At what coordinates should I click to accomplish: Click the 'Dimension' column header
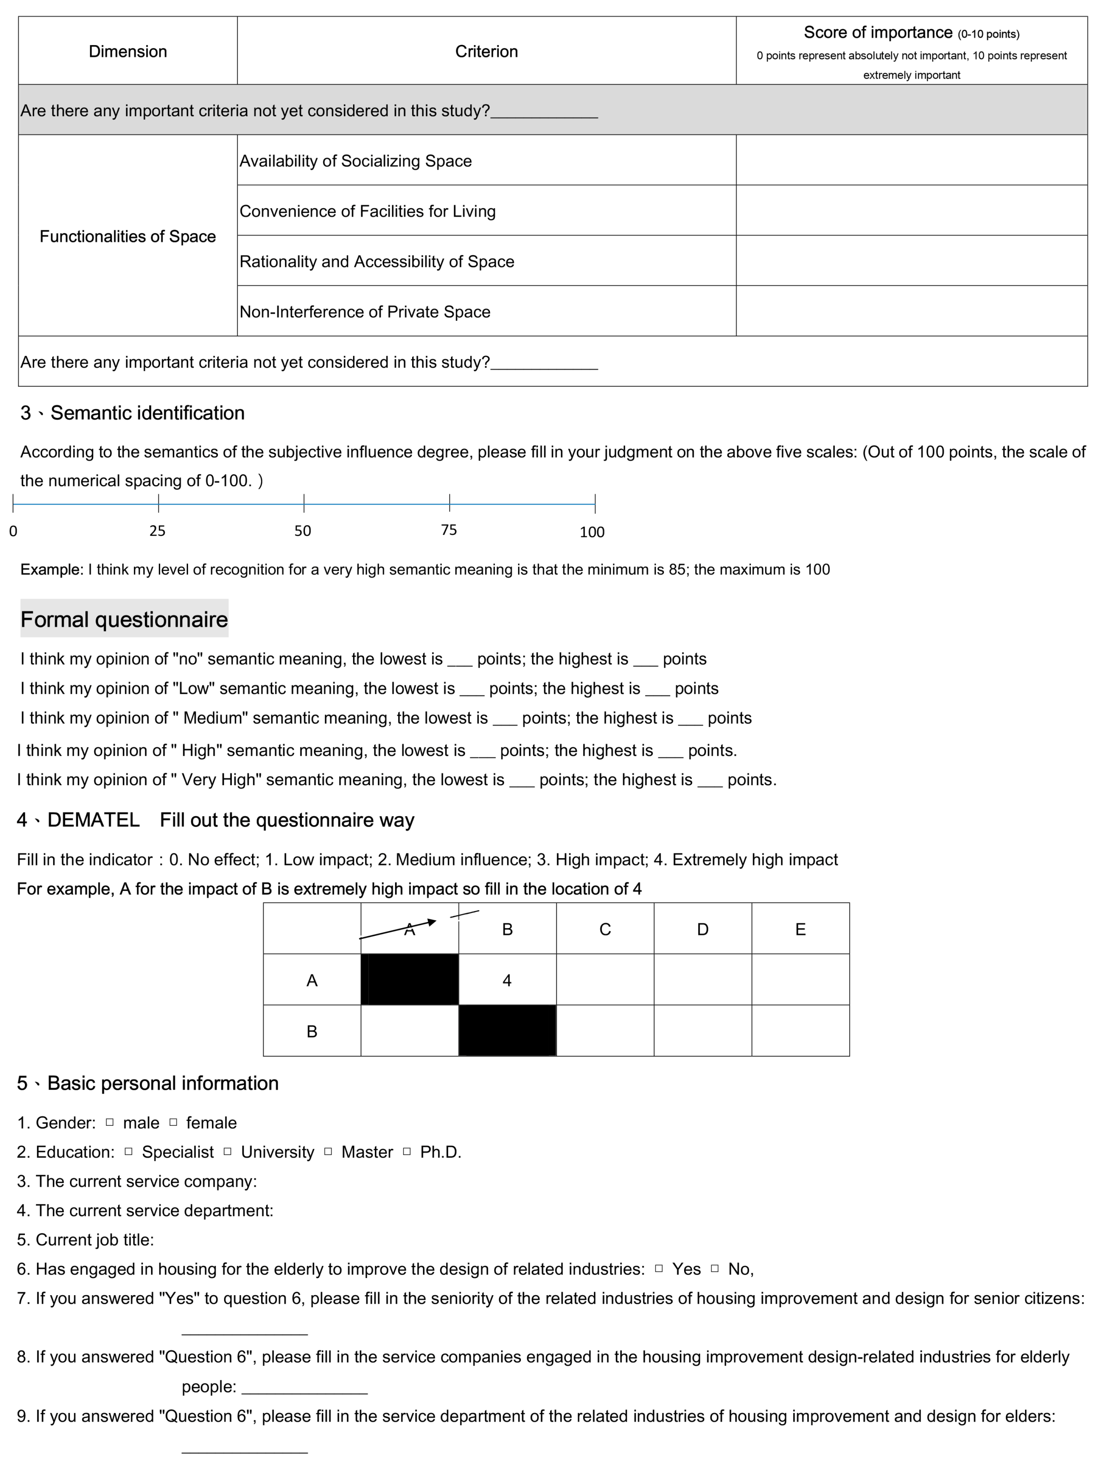[128, 52]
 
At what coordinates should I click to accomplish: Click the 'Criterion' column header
[486, 52]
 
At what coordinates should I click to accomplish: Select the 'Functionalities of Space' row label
[128, 236]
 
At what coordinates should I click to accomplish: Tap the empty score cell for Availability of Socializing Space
[911, 160]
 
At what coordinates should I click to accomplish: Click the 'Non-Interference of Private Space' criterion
[364, 312]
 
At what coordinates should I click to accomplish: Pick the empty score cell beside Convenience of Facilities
[911, 210]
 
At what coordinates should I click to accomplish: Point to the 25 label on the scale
[157, 530]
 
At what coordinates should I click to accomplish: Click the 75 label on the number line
[449, 530]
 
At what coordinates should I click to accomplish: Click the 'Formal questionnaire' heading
[124, 619]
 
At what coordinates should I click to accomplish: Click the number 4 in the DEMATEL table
[507, 980]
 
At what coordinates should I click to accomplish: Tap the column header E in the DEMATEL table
[800, 929]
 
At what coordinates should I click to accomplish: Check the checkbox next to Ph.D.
[407, 1151]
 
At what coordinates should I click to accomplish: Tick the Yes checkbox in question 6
[659, 1268]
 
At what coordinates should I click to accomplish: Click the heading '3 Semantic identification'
[132, 413]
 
